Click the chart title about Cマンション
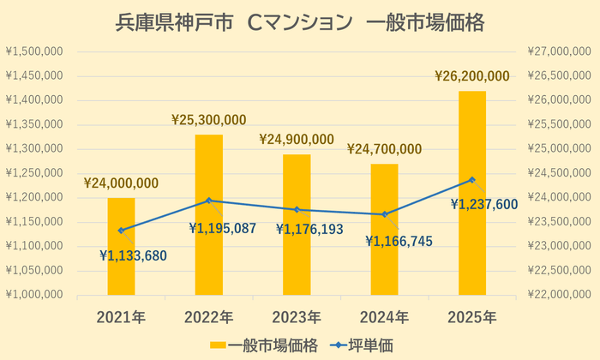pos(300,22)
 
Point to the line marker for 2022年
pos(208,201)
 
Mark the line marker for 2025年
pos(472,180)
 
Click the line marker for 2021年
pos(121,230)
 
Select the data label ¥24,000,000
pos(121,183)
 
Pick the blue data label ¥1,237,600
pos(485,204)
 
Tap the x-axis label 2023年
pos(297,317)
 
